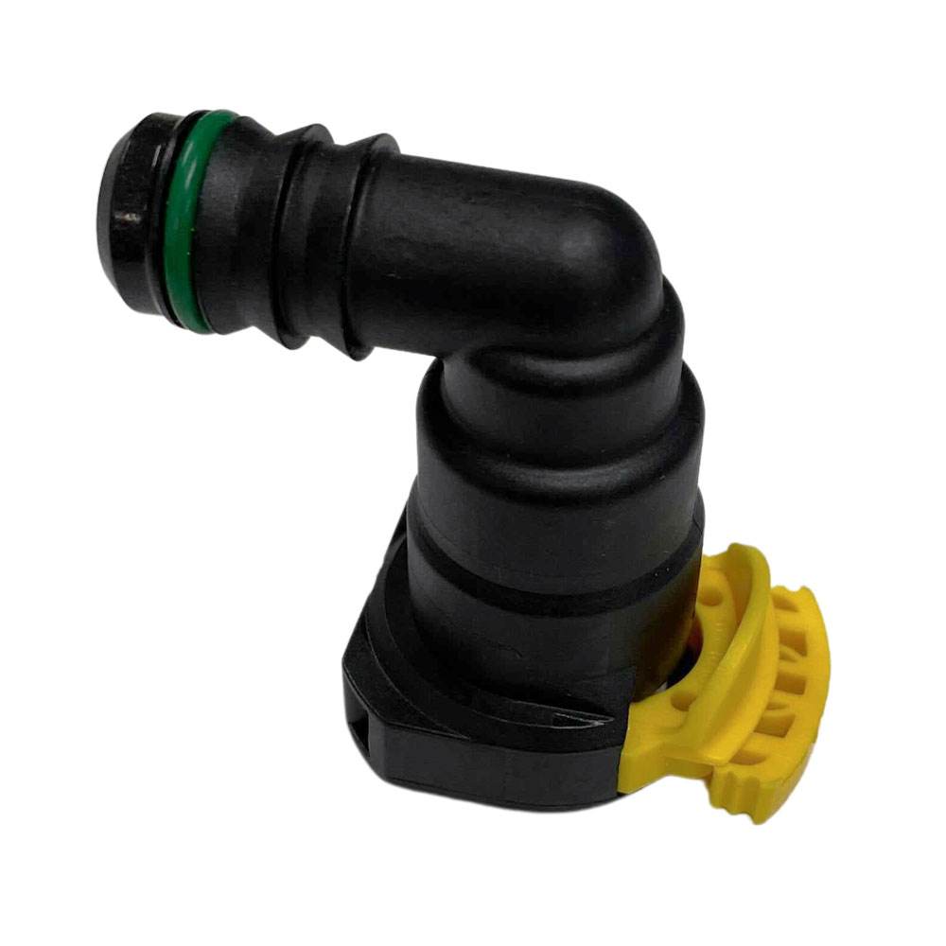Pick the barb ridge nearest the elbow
(364, 251)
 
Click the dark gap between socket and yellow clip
(689, 653)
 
